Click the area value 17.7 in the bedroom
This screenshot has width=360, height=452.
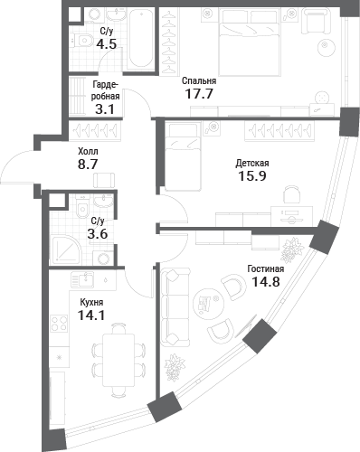pyautogui.click(x=199, y=94)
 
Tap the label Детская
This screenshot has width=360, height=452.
pyautogui.click(x=252, y=164)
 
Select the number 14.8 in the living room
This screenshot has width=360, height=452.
pyautogui.click(x=266, y=282)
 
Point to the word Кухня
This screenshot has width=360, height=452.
pyautogui.click(x=91, y=302)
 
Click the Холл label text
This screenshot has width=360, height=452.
pyautogui.click(x=88, y=151)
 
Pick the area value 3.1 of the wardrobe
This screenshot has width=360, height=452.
pyautogui.click(x=105, y=109)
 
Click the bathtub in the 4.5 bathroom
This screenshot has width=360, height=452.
pyautogui.click(x=141, y=38)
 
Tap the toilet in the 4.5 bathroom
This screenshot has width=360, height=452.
pyautogui.click(x=83, y=40)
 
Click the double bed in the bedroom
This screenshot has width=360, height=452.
pyautogui.click(x=250, y=42)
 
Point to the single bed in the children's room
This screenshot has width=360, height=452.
pyautogui.click(x=183, y=156)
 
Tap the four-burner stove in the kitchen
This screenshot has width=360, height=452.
pyautogui.click(x=59, y=323)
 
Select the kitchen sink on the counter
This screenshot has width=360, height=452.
pyautogui.click(x=82, y=279)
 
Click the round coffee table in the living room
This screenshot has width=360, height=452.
pyautogui.click(x=209, y=304)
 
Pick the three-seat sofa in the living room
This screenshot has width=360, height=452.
pyautogui.click(x=175, y=307)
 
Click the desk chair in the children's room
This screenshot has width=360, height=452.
pyautogui.click(x=292, y=194)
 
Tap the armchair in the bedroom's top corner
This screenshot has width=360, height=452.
pyautogui.click(x=316, y=21)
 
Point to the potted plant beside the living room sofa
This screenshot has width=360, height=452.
pyautogui.click(x=175, y=367)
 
